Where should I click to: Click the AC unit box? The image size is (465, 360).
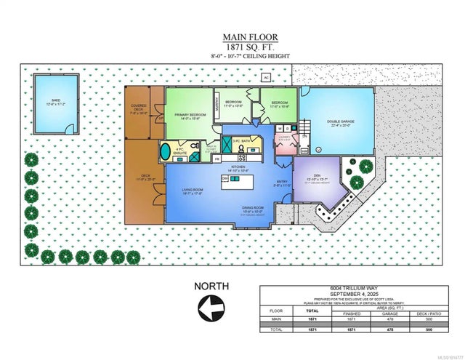266,77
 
